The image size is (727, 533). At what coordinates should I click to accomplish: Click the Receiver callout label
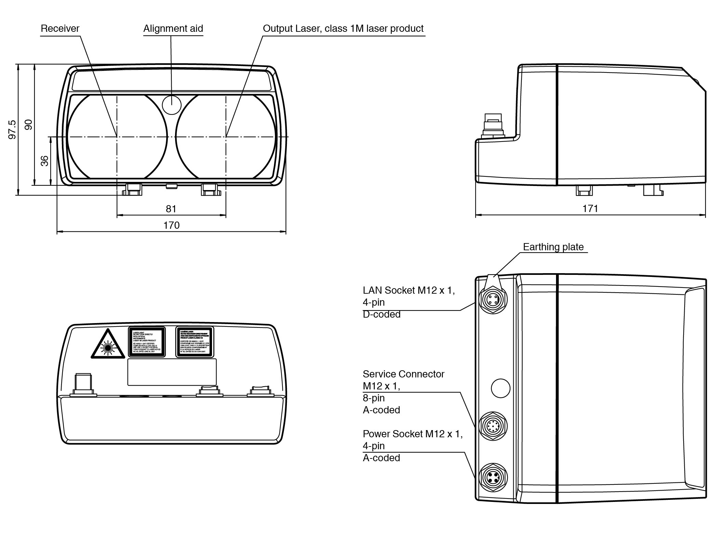tap(60, 28)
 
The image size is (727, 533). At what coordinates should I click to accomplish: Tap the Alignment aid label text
tap(173, 28)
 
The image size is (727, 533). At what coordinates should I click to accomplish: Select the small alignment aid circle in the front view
tap(171, 104)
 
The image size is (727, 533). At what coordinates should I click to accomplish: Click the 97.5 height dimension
tap(12, 130)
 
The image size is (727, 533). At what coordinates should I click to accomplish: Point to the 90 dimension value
tap(29, 124)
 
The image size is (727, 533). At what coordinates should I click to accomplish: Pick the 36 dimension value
tap(45, 161)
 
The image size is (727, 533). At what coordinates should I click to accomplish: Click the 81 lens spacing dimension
tap(171, 209)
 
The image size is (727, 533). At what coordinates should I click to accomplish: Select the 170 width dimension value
tap(171, 225)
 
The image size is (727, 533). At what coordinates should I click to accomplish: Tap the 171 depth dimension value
tap(590, 209)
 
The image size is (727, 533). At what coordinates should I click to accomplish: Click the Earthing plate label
tap(553, 247)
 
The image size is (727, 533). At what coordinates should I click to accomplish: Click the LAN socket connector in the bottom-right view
tap(493, 300)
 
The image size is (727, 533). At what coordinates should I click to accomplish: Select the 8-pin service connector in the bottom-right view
tap(493, 426)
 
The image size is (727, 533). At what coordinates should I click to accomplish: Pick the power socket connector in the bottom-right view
tap(493, 477)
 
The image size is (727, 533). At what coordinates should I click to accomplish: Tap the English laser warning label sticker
tap(147, 342)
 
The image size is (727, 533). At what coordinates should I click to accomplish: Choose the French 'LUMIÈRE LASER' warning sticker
tap(195, 342)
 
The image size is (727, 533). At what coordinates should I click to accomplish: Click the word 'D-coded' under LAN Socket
tap(382, 314)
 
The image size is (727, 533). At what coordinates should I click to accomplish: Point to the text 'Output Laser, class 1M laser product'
tap(343, 28)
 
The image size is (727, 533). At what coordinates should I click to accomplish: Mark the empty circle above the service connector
tap(500, 388)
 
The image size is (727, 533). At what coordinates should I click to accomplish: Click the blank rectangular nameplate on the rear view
tap(172, 372)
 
